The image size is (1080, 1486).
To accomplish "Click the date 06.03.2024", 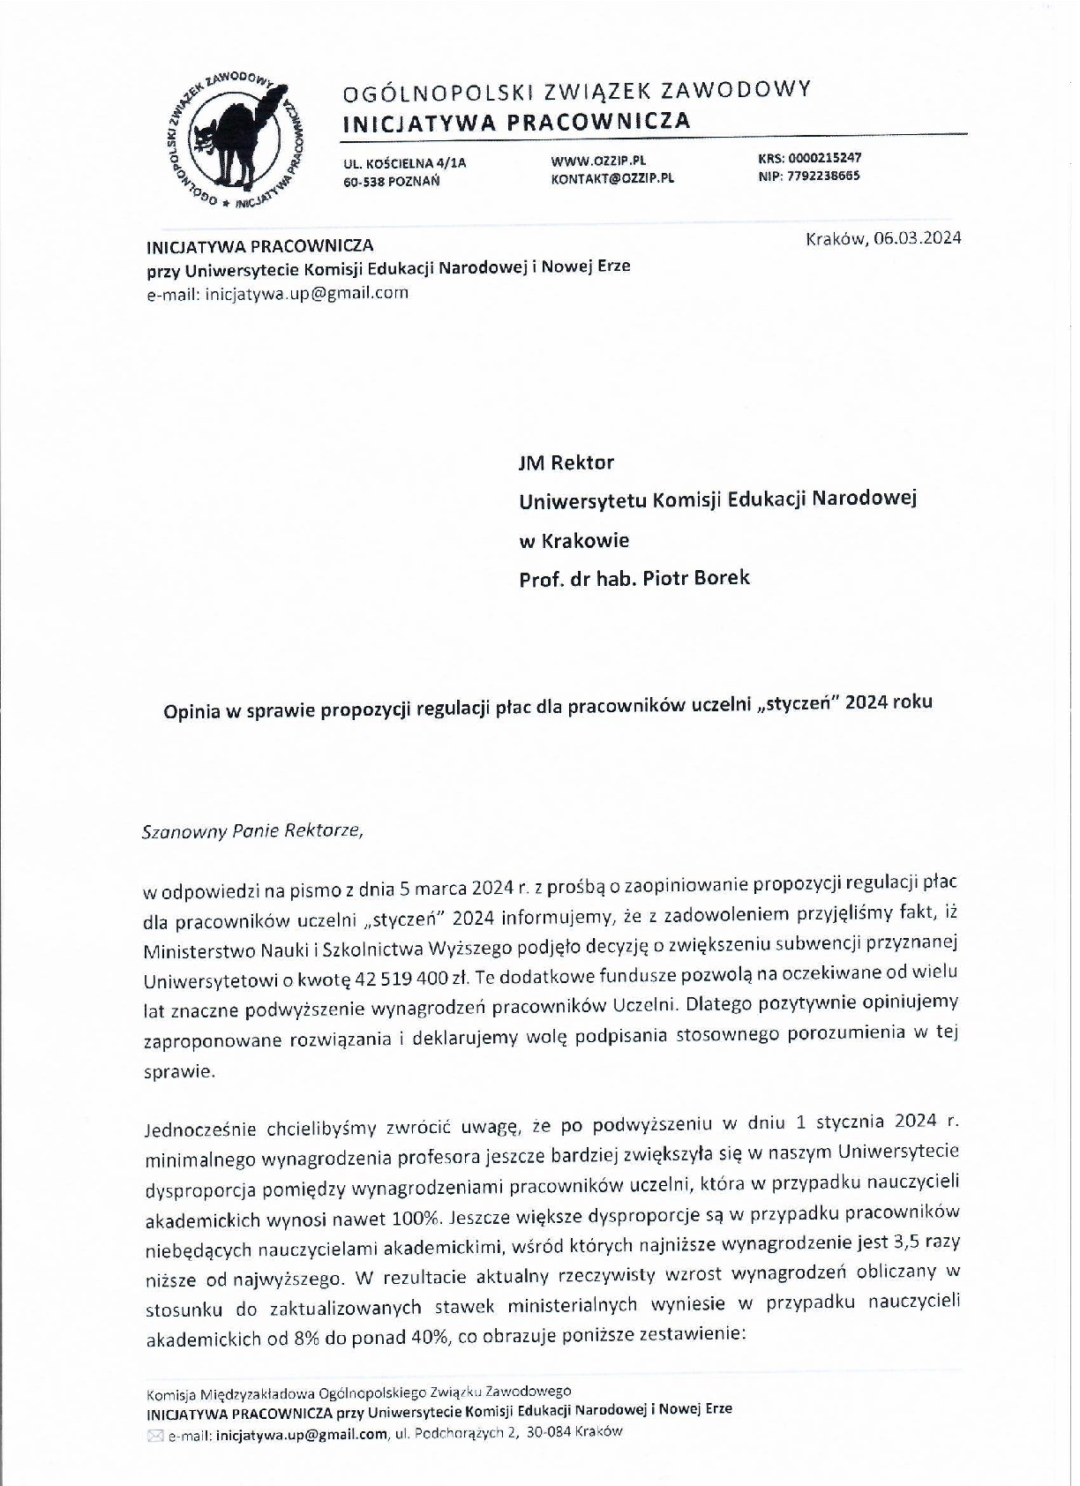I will click(918, 238).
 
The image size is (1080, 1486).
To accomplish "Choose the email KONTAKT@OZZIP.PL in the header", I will click(612, 177).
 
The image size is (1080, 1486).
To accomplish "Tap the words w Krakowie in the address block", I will click(574, 540).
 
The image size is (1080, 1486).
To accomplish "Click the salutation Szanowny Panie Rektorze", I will click(252, 831).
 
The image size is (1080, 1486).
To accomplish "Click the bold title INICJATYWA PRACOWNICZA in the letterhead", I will click(516, 122).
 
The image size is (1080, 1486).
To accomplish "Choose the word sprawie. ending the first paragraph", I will click(178, 1072).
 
